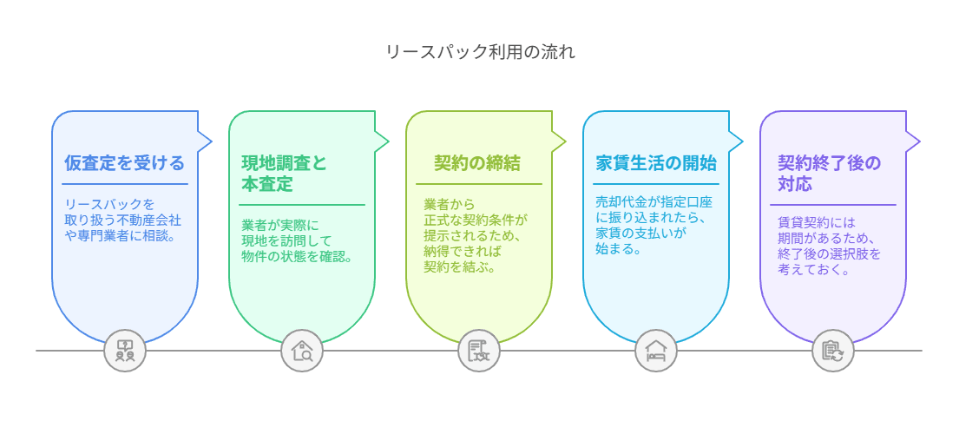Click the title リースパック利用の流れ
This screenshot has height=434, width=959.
[479, 51]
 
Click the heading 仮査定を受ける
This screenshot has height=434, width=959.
[124, 162]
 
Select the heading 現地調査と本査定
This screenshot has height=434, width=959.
[284, 173]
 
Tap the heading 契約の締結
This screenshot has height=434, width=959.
[477, 162]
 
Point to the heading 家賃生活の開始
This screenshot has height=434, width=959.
[656, 162]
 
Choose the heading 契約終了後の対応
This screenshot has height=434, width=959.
[828, 173]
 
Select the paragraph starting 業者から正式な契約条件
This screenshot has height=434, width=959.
[475, 235]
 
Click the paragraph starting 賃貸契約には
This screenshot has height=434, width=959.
[828, 245]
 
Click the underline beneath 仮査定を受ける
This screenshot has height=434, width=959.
[125, 184]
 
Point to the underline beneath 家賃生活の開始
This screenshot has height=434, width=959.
[656, 184]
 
